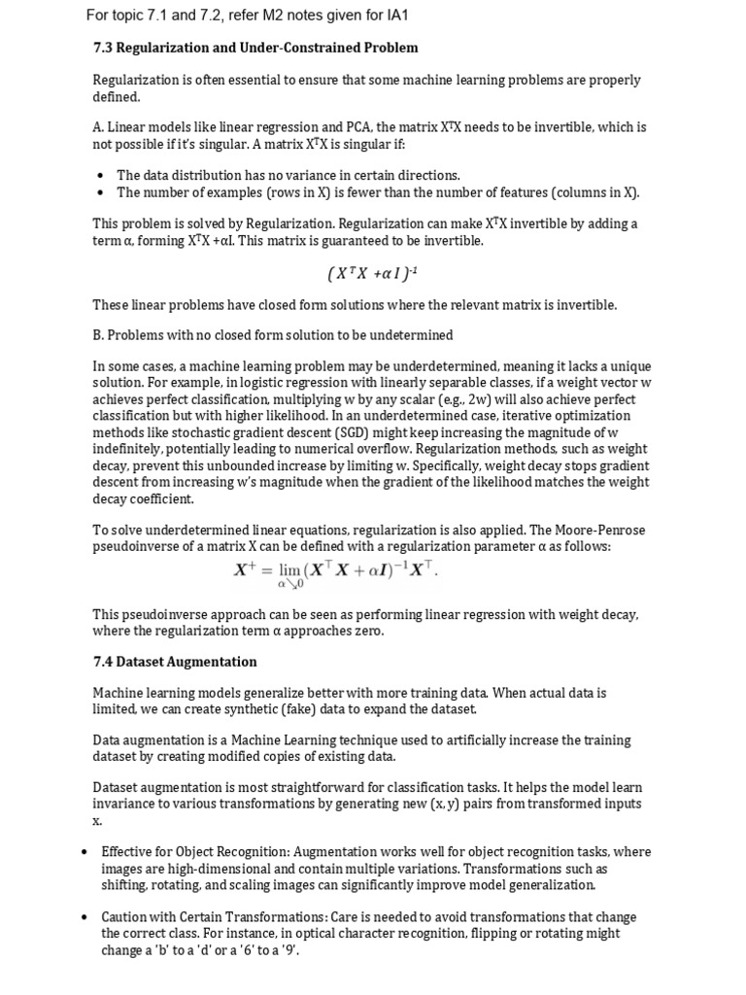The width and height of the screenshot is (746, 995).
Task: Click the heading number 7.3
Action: point(103,48)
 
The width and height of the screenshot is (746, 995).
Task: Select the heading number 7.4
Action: point(103,662)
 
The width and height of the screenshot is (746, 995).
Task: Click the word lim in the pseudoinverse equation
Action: point(289,570)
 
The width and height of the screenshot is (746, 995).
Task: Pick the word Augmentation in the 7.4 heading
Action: point(215,662)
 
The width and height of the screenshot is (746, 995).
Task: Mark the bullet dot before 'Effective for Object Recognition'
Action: point(86,852)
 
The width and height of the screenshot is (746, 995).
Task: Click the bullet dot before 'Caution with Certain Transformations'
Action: point(86,917)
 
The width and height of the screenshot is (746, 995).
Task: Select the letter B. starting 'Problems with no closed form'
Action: point(98,335)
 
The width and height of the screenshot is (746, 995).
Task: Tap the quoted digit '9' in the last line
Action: point(288,950)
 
